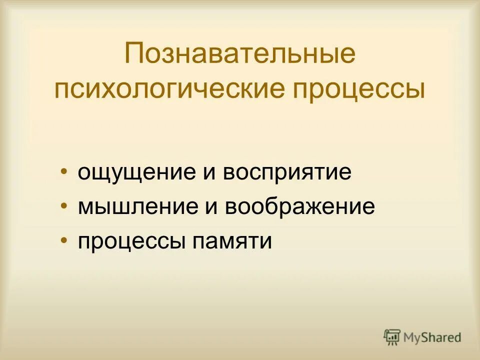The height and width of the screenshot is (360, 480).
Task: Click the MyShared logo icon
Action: pos(392,337)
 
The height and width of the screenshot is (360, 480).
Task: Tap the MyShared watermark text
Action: pos(432,337)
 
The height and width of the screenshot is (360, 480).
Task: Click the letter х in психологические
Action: pos(123,90)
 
